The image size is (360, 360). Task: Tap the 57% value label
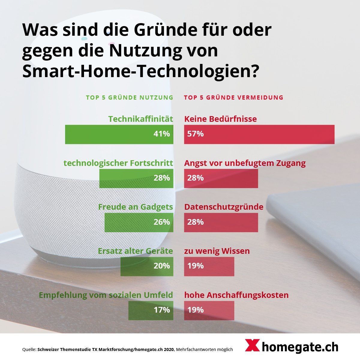click(195, 134)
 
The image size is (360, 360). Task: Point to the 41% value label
click(162, 134)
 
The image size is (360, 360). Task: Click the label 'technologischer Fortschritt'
click(118, 163)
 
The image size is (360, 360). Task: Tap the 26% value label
click(162, 222)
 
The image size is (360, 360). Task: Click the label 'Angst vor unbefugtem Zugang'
click(245, 163)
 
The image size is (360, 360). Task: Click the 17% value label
click(162, 310)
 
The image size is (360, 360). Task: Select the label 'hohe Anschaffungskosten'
click(236, 295)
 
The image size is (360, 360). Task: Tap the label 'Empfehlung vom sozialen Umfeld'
click(106, 295)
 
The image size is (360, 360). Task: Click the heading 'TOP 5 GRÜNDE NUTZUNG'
click(130, 97)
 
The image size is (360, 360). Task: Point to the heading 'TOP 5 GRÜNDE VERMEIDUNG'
click(234, 97)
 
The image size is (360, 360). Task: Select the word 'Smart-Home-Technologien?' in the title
click(140, 71)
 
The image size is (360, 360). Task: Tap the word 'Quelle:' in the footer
click(29, 349)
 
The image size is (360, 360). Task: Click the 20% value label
click(162, 266)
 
